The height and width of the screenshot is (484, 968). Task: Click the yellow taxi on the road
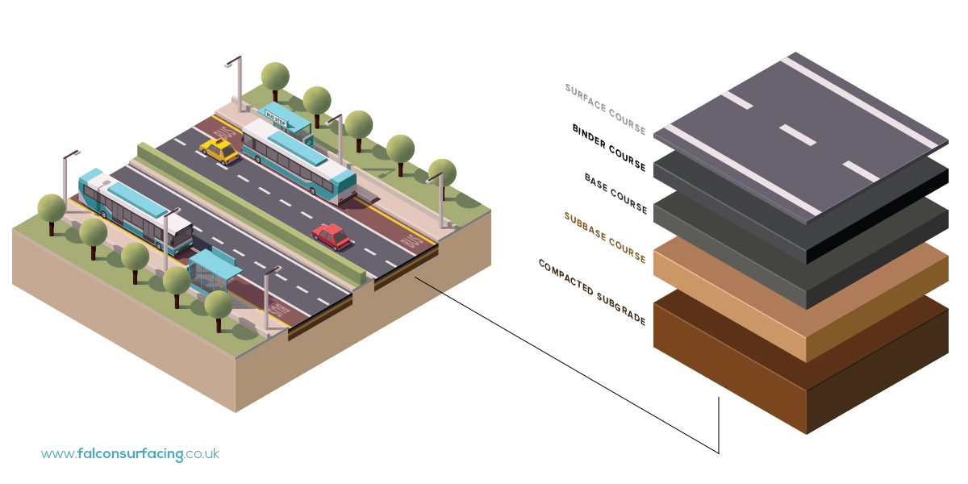tap(219, 151)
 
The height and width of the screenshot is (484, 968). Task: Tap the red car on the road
tap(332, 236)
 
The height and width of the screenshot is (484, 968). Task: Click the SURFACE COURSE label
tap(606, 109)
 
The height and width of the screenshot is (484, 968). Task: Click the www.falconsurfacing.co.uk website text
tap(130, 454)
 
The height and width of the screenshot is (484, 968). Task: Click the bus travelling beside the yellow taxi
tap(298, 158)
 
